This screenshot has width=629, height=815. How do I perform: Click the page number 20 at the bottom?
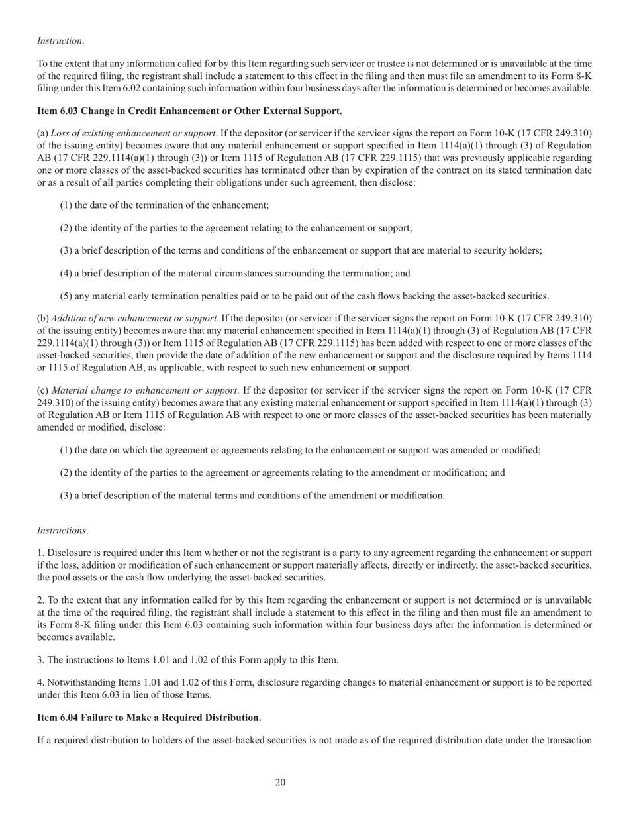[x=280, y=783]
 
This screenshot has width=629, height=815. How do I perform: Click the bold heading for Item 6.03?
[x=189, y=110]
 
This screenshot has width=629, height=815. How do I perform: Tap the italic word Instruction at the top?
[x=60, y=41]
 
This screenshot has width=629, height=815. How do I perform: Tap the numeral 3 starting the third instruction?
[x=40, y=659]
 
